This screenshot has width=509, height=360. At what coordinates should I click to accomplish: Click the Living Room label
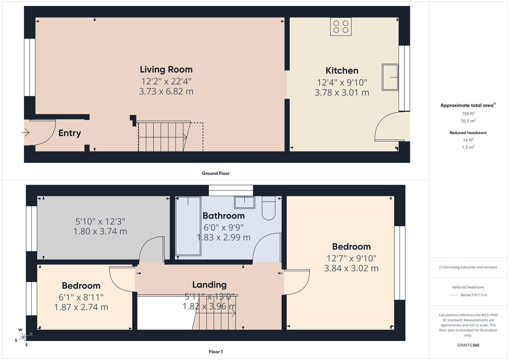[x=166, y=69]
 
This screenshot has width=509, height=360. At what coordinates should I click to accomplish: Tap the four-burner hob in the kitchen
[x=340, y=27]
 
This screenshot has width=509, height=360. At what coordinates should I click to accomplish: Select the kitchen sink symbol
[x=390, y=77]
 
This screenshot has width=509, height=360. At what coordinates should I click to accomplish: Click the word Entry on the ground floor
[x=70, y=133]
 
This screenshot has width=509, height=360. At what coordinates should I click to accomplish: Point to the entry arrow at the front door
[x=26, y=133]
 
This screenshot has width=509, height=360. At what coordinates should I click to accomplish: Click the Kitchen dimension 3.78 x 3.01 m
[x=342, y=92]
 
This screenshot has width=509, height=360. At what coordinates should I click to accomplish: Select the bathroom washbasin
[x=244, y=202]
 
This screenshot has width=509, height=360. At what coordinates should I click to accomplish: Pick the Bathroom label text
[x=223, y=216]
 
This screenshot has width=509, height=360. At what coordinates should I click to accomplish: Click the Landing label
[x=209, y=285]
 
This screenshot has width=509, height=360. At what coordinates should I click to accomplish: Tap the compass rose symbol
[x=23, y=337]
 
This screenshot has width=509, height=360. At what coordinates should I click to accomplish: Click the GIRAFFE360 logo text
[x=468, y=345]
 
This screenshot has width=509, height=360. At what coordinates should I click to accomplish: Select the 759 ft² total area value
[x=468, y=114]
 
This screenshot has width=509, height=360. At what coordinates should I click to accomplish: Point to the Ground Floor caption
[x=215, y=173]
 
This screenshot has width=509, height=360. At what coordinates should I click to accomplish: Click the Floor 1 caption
[x=215, y=352]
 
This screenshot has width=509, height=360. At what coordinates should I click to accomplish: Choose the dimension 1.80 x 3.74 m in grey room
[x=100, y=231]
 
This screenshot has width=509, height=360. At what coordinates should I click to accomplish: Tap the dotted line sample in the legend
[x=454, y=295]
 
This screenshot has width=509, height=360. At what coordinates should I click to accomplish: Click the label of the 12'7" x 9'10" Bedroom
[x=351, y=247]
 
